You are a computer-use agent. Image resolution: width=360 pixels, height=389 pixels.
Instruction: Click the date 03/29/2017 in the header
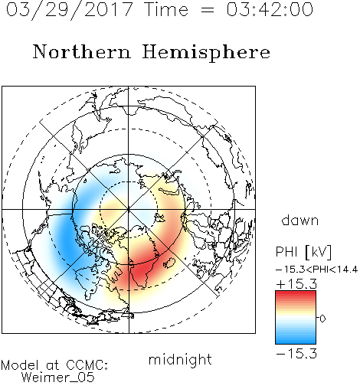[x=69, y=10]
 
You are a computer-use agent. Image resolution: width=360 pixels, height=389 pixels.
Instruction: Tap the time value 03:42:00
[x=270, y=9]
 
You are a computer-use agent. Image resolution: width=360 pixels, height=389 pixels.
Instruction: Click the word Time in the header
[x=166, y=9]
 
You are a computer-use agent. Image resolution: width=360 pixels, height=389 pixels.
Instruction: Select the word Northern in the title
[x=82, y=51]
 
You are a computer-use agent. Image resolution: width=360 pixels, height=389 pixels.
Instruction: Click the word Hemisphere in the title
[x=206, y=53]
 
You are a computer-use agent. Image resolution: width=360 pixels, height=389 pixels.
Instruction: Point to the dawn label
[x=300, y=220]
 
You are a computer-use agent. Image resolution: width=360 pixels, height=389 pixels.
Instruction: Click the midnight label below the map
[x=180, y=359]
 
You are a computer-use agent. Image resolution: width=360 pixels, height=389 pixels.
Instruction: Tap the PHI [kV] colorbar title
[x=303, y=252]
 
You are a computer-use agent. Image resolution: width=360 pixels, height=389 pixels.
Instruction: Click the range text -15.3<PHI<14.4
[x=316, y=270]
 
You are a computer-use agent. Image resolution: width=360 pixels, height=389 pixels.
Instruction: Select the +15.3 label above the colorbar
[x=296, y=283]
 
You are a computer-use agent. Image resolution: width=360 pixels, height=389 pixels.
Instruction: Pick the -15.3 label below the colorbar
[x=296, y=354]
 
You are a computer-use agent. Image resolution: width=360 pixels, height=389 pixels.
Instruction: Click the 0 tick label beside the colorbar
[x=322, y=319]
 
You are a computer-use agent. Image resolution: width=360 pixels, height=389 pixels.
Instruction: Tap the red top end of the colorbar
[x=296, y=293]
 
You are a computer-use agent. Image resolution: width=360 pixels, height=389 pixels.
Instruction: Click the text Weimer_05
[x=58, y=377]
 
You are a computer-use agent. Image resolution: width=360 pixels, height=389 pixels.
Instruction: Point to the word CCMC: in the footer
[x=87, y=365]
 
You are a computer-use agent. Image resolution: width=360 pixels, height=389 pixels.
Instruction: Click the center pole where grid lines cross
[x=129, y=209]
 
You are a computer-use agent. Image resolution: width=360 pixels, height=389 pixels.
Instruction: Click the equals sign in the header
[x=208, y=11]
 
